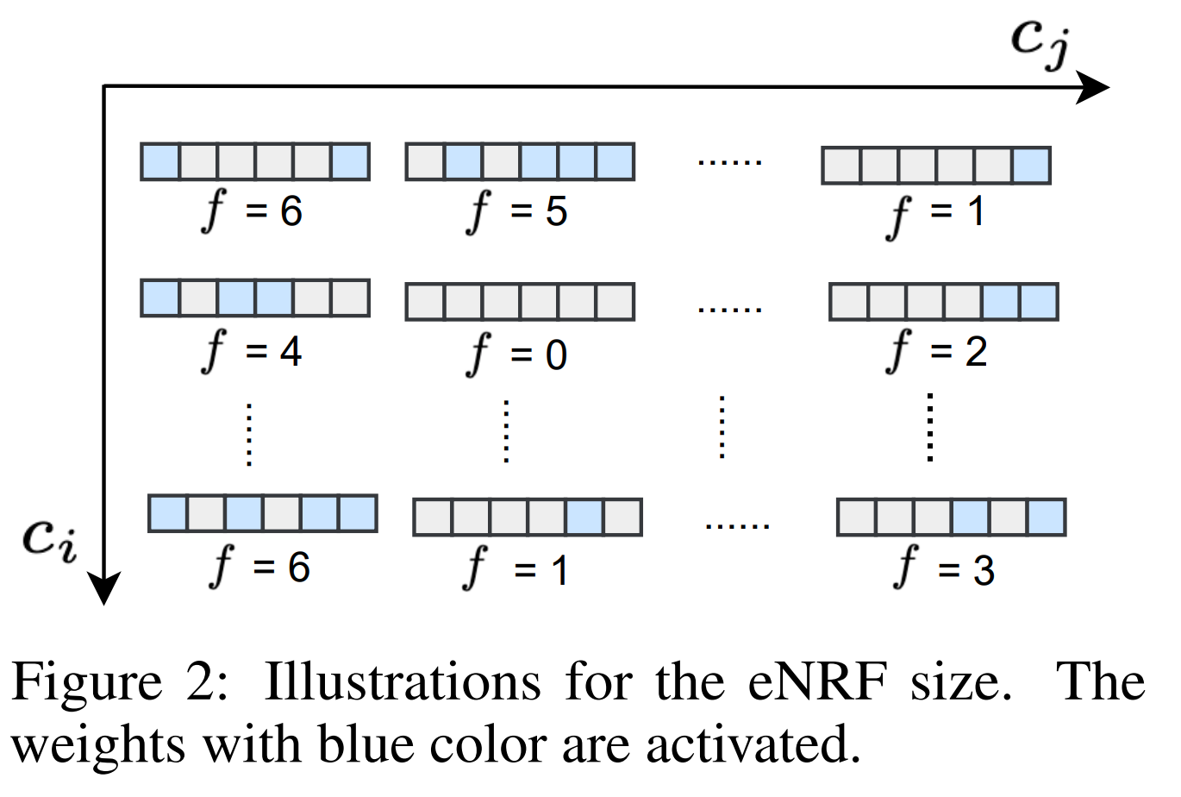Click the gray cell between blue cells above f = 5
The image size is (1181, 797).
coord(501,162)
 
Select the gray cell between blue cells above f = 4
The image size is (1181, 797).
coord(198,298)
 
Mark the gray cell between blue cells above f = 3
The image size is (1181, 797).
coord(1008,518)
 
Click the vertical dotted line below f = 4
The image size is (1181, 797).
coord(249,434)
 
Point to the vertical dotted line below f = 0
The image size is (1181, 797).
coord(506,431)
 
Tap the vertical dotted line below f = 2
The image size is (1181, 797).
coord(929,427)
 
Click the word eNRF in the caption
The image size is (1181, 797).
coord(816,683)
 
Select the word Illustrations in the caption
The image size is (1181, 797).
coord(403,683)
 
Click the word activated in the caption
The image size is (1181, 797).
coord(753,744)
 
